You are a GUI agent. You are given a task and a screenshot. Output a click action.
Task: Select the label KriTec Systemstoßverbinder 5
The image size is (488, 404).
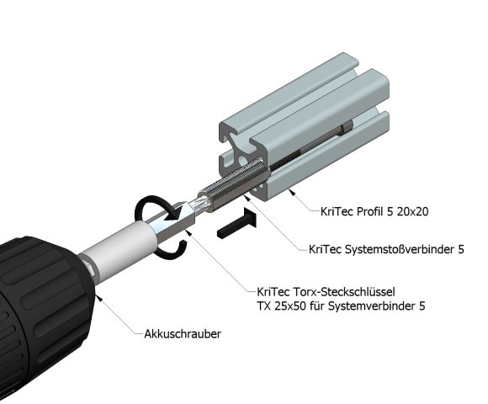(x=388, y=250)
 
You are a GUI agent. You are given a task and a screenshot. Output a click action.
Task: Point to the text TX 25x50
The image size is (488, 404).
(x=275, y=306)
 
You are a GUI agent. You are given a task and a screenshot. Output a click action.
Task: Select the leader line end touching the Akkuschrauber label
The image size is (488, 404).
(x=137, y=334)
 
